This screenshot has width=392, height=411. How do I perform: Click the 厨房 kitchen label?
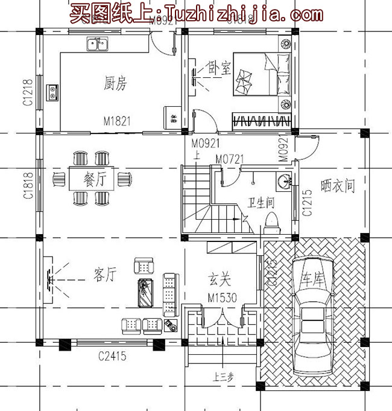point(115,84)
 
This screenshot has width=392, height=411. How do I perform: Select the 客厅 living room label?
point(104,275)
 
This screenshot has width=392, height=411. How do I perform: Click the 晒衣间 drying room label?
point(338,186)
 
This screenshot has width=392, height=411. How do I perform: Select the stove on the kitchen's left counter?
point(52,92)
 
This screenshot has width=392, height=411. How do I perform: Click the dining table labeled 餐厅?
point(93,178)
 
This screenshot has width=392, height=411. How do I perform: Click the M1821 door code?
point(116,121)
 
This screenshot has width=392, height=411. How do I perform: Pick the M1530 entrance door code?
point(221,298)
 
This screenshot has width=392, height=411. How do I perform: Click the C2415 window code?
point(113,356)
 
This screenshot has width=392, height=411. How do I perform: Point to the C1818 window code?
point(28,187)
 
